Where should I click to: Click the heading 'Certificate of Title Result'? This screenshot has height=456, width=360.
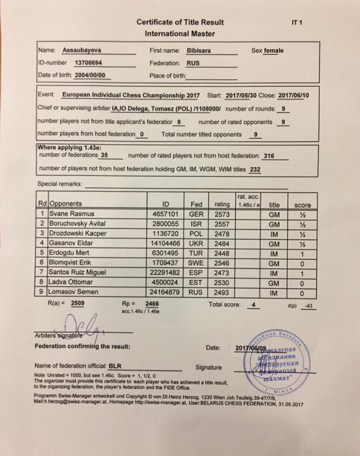(180, 22)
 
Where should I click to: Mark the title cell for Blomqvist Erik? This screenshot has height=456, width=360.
(275, 263)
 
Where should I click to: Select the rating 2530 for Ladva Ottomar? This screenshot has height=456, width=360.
(221, 283)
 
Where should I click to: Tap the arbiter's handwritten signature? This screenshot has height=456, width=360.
(86, 328)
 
